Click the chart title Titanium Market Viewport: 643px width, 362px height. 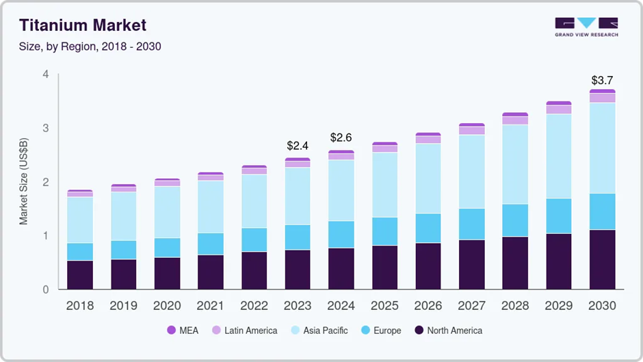click(x=82, y=25)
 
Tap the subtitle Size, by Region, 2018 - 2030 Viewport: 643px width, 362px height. click(x=90, y=47)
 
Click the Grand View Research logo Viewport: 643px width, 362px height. click(x=586, y=27)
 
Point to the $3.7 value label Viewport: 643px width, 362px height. click(x=602, y=80)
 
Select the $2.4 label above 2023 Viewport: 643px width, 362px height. click(x=298, y=146)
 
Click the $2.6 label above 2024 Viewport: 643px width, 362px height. click(x=341, y=138)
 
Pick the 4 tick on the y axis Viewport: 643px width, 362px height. click(x=46, y=74)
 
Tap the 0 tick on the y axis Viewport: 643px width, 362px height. click(x=46, y=289)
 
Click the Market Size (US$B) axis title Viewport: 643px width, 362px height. click(x=23, y=181)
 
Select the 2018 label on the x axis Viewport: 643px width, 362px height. click(x=80, y=306)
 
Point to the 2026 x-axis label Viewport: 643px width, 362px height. click(x=428, y=306)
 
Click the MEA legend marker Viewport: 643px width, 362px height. click(x=172, y=330)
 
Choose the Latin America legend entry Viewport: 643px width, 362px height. click(x=244, y=331)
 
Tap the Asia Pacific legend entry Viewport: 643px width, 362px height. click(x=319, y=331)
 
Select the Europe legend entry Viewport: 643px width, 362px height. click(x=382, y=331)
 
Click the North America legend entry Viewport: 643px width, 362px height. click(x=448, y=331)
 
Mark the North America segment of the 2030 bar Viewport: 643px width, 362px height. click(x=603, y=260)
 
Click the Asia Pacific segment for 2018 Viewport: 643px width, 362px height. click(x=81, y=220)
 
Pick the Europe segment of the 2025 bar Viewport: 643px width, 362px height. click(x=384, y=231)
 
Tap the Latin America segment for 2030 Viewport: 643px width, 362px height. click(x=603, y=98)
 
